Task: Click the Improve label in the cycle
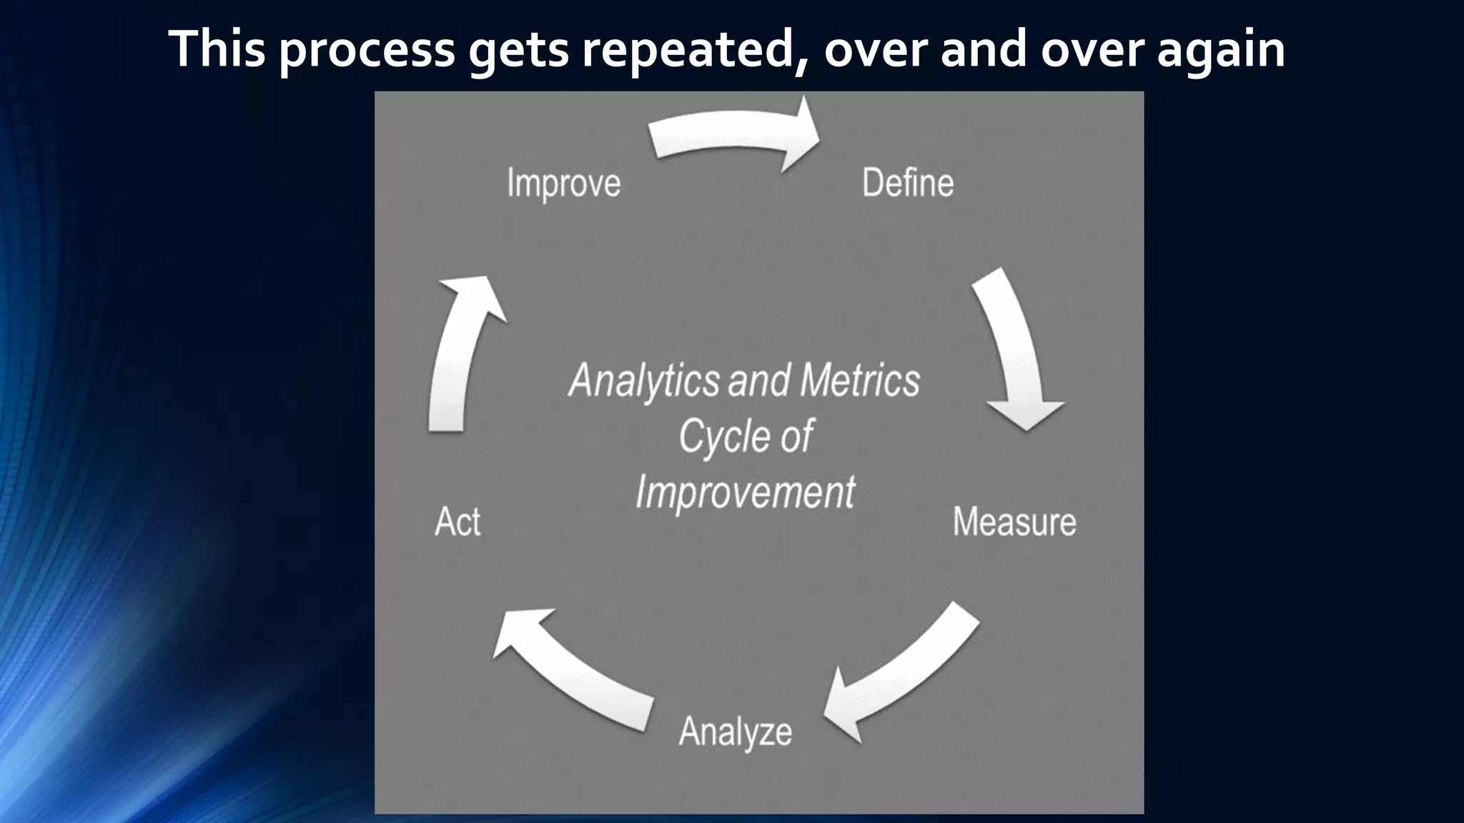pos(563,184)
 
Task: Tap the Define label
pos(907,183)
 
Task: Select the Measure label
pos(1014,522)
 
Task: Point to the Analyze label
pos(735,732)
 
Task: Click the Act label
pos(457,522)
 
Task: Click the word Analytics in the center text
pos(643,381)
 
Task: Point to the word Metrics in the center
pos(860,380)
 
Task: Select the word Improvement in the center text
pos(745,492)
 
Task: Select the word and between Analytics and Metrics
pos(759,381)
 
